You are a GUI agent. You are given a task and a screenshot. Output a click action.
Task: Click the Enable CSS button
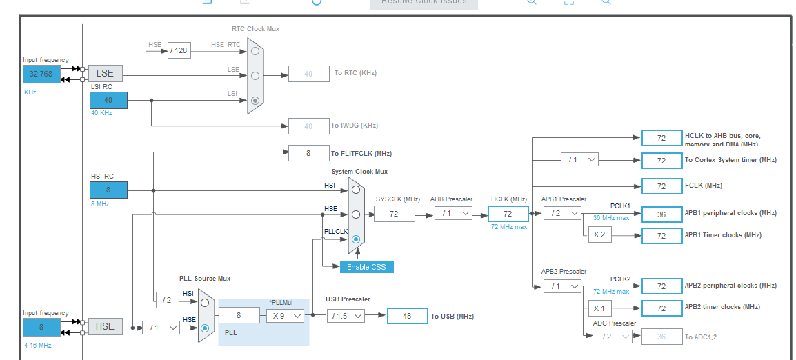coord(366,267)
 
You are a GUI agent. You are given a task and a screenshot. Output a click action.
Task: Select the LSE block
coord(105,73)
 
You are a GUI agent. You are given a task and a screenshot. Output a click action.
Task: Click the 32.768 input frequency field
coord(41,74)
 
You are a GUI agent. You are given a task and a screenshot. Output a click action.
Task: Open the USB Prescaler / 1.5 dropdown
coord(346,315)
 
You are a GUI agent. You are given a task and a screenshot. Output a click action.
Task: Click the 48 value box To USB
coord(407,315)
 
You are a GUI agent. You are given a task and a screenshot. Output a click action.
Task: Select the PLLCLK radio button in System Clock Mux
coord(356,239)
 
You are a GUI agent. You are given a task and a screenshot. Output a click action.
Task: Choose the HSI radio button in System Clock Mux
coord(356,189)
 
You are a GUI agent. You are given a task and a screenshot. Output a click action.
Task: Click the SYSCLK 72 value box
coord(395,214)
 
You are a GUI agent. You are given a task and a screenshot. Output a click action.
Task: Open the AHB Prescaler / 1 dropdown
coord(453,214)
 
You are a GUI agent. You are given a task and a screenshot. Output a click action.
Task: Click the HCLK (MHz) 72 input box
coord(508,214)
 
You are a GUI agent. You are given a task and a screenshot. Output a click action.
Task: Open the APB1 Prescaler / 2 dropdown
coord(561,214)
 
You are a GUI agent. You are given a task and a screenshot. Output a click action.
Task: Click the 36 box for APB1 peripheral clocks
coord(661,214)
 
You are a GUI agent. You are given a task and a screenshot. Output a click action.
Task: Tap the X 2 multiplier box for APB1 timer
coord(599,235)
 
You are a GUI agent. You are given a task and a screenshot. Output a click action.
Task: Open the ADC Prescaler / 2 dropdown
coord(613,337)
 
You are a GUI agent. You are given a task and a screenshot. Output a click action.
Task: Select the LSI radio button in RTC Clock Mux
coord(255,100)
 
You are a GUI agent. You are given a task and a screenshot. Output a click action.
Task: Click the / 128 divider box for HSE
coord(179,50)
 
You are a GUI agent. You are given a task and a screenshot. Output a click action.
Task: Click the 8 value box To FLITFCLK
coord(308,153)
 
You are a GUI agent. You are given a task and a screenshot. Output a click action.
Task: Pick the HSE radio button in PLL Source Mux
coord(205,328)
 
